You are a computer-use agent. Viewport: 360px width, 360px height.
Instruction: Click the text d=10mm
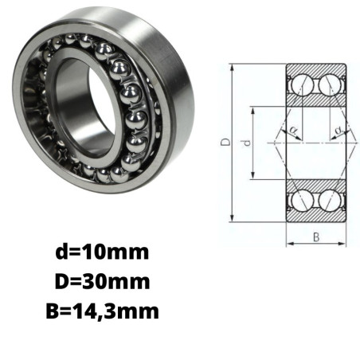(102, 252)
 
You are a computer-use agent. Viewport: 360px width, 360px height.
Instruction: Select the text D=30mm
(103, 281)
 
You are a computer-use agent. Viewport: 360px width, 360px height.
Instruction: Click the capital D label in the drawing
(225, 142)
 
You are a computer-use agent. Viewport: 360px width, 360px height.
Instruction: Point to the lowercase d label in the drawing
(247, 143)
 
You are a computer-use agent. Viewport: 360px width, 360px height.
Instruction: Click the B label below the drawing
(316, 237)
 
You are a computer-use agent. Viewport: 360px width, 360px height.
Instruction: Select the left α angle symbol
(293, 130)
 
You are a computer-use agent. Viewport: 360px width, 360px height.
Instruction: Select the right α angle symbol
(338, 130)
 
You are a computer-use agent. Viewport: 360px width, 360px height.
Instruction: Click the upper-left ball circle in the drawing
(302, 85)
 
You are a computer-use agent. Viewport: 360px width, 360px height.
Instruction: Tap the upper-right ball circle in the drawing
(330, 85)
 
